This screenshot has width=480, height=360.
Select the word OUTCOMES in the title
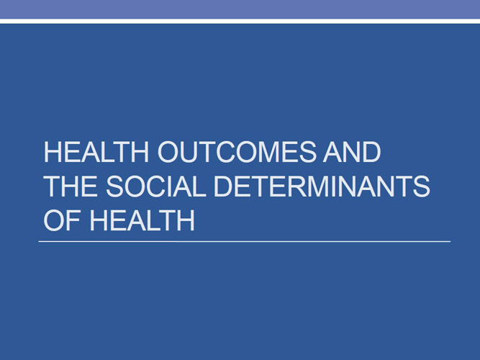(x=229, y=154)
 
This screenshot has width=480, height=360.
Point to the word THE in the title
(x=68, y=187)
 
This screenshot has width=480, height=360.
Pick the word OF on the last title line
(x=62, y=220)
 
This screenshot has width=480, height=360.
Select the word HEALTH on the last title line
(x=142, y=220)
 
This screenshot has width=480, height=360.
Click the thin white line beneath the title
(x=245, y=241)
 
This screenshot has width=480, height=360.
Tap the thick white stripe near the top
(x=240, y=21)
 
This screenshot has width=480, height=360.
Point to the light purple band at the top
(x=240, y=9)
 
